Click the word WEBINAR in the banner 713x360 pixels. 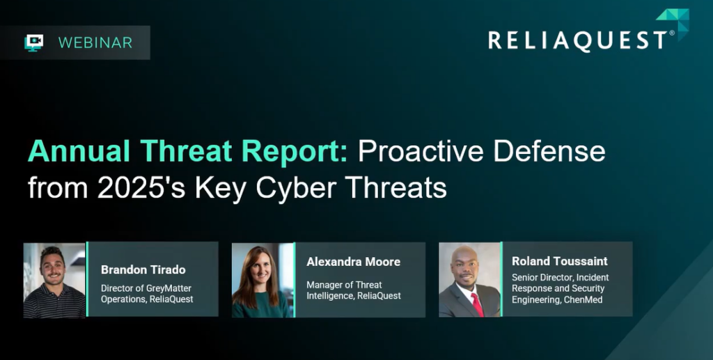click(x=95, y=42)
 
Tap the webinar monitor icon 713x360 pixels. click(x=33, y=42)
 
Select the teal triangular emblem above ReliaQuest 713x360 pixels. click(x=674, y=23)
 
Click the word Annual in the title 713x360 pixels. click(x=79, y=151)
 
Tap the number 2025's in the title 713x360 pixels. click(x=141, y=187)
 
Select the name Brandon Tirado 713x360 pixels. click(x=143, y=269)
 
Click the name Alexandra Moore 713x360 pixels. click(x=353, y=262)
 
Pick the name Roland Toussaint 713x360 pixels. click(x=560, y=261)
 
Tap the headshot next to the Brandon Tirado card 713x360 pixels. click(x=54, y=280)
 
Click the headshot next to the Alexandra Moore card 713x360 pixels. click(x=263, y=280)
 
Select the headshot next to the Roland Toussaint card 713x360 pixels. click(x=470, y=279)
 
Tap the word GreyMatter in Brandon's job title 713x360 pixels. click(x=169, y=289)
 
